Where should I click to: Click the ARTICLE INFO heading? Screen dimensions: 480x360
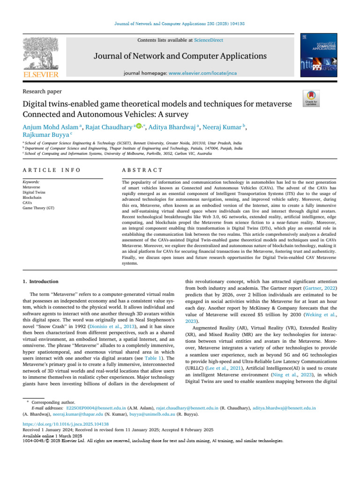[x=51, y=170]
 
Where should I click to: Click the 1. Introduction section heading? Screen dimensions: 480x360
[x=41, y=281]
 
